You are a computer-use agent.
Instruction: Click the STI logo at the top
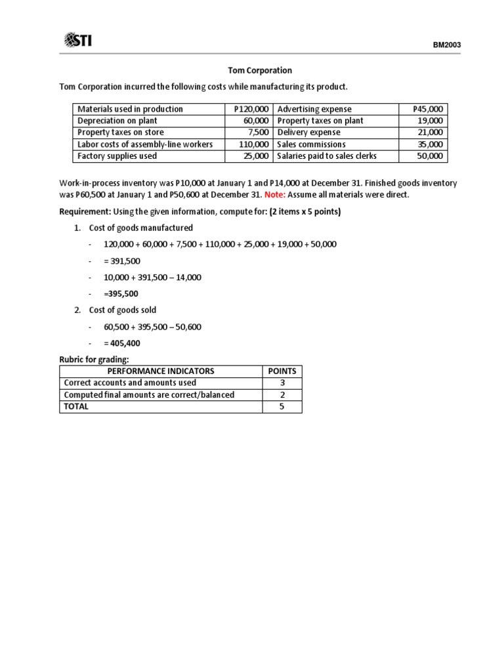pos(77,41)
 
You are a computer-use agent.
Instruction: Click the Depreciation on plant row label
pos(117,121)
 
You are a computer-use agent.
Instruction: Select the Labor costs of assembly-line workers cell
pos(145,144)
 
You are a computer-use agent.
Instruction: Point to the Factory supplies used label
pos(117,156)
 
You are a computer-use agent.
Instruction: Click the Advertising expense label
pos(314,109)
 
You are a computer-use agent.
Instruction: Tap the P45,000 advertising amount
pos(428,109)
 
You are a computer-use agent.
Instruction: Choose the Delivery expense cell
pos(309,133)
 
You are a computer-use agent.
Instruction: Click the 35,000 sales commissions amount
pos(430,144)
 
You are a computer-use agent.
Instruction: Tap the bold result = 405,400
pos(122,343)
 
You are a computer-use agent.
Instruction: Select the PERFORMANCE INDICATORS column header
pos(161,371)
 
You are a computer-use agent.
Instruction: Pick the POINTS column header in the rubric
pos(282,371)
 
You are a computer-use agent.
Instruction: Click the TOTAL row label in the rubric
pos(76,406)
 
